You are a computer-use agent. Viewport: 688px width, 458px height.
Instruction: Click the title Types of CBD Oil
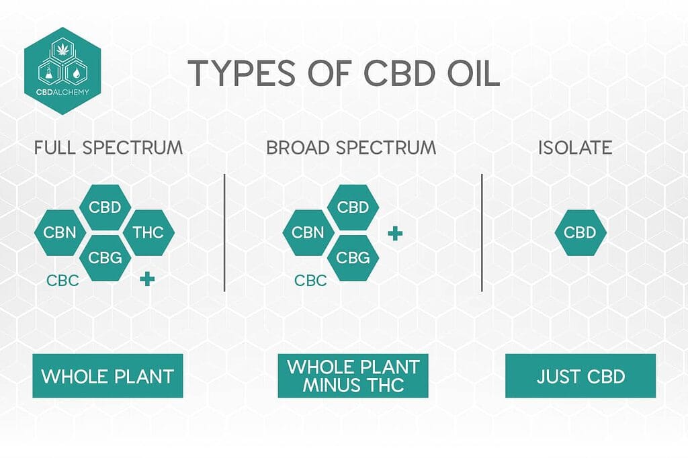(343, 73)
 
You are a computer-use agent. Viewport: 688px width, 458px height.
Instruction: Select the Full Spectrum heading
(108, 148)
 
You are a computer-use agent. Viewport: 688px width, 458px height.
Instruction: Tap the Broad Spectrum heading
(351, 148)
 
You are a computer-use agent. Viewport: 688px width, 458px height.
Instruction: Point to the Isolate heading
(575, 148)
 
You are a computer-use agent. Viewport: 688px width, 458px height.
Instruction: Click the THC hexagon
(148, 233)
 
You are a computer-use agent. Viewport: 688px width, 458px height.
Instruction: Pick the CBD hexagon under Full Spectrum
(105, 207)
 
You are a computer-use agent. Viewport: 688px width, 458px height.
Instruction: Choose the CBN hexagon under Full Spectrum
(60, 233)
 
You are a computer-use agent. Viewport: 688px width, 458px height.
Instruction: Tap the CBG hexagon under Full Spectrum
(105, 257)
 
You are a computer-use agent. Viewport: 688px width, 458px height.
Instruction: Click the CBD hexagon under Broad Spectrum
(353, 207)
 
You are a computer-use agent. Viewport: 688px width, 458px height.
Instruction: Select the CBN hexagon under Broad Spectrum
(308, 233)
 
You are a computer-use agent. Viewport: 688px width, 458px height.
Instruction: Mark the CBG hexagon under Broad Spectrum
(353, 257)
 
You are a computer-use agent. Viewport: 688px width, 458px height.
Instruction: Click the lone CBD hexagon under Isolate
(580, 233)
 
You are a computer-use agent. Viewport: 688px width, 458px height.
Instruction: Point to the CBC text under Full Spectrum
(62, 280)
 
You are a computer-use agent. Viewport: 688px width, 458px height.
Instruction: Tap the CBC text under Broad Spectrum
(311, 280)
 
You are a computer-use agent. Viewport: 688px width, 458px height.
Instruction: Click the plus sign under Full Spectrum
(147, 279)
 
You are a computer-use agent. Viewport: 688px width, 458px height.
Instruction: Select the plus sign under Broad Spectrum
(396, 233)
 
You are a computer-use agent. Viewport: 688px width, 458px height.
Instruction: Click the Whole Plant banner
(107, 376)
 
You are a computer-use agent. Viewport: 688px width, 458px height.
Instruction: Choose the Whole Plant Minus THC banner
(353, 376)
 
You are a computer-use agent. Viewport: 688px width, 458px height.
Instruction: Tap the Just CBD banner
(580, 376)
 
